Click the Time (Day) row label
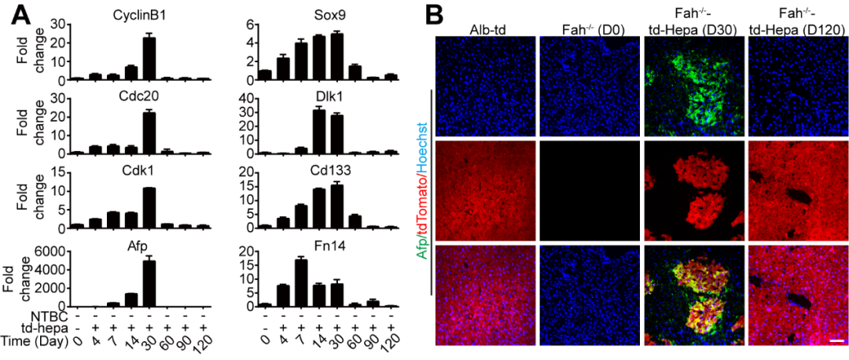35,342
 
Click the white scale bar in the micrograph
836,341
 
